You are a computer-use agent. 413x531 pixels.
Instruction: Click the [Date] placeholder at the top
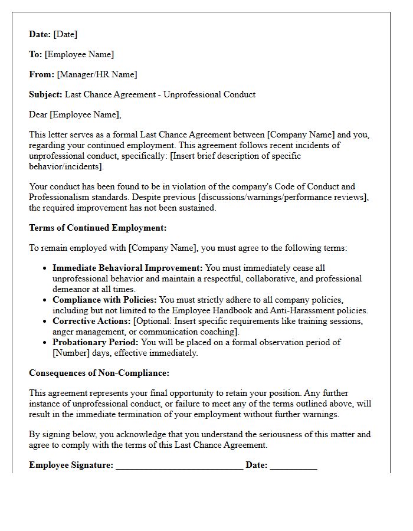click(65, 34)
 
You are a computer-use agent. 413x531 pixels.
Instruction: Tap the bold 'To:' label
click(35, 54)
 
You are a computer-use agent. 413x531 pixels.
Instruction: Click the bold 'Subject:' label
click(45, 94)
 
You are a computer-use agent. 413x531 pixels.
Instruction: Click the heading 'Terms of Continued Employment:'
click(98, 228)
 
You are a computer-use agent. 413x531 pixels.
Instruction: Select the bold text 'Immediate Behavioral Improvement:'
click(127, 268)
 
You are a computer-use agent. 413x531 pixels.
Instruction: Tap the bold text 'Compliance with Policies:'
click(104, 300)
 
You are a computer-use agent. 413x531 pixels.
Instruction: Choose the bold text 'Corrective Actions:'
click(91, 321)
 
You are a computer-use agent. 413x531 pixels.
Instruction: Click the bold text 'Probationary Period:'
click(96, 342)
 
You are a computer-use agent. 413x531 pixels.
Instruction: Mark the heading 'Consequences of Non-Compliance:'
click(99, 373)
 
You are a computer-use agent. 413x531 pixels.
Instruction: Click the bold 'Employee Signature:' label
click(71, 465)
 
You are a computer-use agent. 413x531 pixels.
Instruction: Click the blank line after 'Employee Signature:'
click(179, 466)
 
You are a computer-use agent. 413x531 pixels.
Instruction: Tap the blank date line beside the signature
click(293, 466)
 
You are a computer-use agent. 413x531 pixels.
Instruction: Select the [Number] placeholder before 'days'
click(70, 353)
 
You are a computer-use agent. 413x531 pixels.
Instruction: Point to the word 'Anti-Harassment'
click(301, 310)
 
